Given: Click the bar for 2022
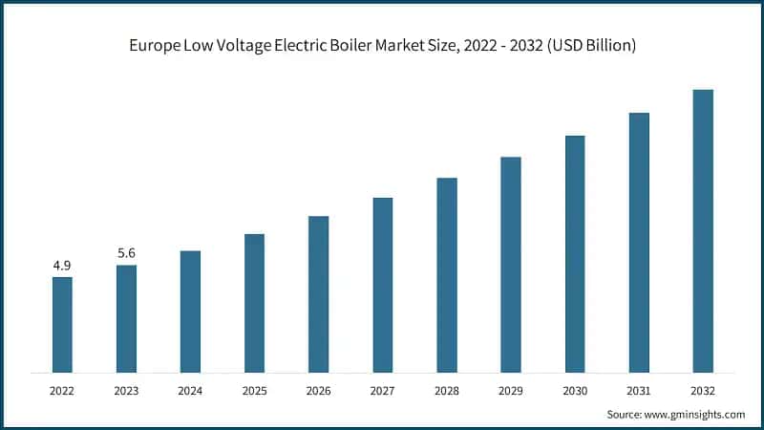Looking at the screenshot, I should point(62,325).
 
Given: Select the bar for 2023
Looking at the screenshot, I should point(126,318).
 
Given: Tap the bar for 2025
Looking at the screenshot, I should point(254,303).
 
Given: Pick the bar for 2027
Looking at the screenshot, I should point(382,285).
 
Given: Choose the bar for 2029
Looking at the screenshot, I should point(511,265).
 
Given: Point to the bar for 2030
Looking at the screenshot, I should point(575,254).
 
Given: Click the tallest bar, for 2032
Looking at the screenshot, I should point(703,231).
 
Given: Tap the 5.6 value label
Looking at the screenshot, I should point(126,253).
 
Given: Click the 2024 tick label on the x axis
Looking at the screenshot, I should point(190,391).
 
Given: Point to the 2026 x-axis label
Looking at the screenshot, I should point(318,391).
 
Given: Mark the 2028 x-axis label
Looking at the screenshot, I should point(447,391).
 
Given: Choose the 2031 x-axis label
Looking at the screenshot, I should point(639,391).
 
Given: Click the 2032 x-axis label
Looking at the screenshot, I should point(703,391).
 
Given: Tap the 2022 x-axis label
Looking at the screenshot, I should point(62,391).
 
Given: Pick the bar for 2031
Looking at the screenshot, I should point(639,243).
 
